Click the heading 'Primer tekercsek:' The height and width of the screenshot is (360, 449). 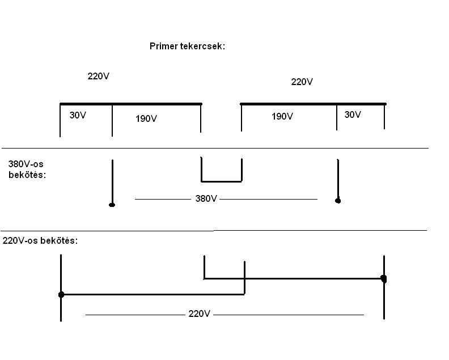coord(187,46)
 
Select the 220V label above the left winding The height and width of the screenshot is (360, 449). coord(98,76)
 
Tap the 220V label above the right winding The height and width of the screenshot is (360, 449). coord(302,82)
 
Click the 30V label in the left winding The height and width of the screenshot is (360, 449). coord(78,115)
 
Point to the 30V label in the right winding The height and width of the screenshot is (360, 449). coord(353,115)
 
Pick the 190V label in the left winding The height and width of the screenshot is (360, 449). coord(146,119)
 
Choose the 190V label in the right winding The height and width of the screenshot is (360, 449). coord(282,117)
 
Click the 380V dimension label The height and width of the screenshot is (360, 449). coord(206,200)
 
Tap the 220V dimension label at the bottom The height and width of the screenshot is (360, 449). coord(199,314)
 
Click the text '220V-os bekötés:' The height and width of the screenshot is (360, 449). coord(40,240)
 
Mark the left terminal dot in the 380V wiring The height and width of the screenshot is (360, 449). coord(112,204)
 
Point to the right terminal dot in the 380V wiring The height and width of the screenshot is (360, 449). coord(338,200)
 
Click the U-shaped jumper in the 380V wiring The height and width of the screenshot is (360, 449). coord(222,181)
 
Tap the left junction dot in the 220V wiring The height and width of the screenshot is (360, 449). coord(61,294)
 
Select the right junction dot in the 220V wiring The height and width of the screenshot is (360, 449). coord(384,278)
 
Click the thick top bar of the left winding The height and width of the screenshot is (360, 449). coord(130,104)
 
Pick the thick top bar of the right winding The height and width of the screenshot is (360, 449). coord(313,104)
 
